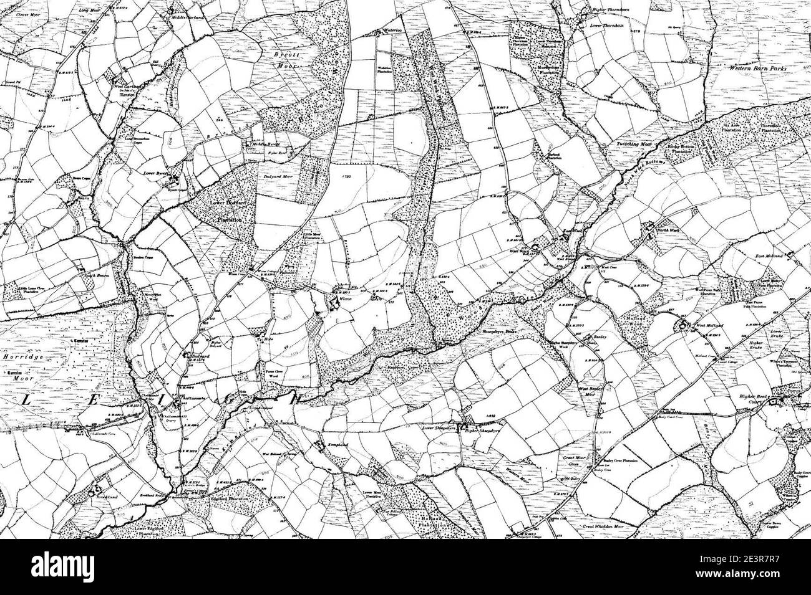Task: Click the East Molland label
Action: (768, 256)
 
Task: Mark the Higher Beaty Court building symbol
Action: (777, 402)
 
